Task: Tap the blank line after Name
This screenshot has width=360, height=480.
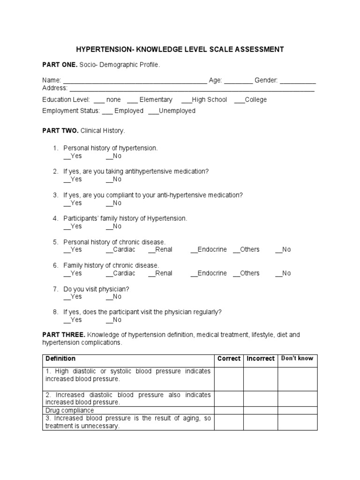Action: (135, 81)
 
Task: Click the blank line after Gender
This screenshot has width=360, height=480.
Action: (298, 81)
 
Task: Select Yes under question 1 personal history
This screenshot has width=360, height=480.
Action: (73, 156)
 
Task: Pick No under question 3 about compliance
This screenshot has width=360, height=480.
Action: (114, 203)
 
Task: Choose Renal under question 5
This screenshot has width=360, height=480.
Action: (160, 250)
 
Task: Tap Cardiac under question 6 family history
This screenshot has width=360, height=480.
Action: (120, 273)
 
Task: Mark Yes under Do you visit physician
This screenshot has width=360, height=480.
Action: (73, 297)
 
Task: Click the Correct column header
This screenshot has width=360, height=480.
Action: (229, 359)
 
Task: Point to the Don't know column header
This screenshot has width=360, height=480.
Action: (297, 359)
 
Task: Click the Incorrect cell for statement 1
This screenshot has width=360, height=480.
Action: (261, 379)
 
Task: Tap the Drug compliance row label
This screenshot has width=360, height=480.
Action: (69, 410)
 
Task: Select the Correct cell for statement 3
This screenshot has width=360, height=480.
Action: (229, 422)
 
